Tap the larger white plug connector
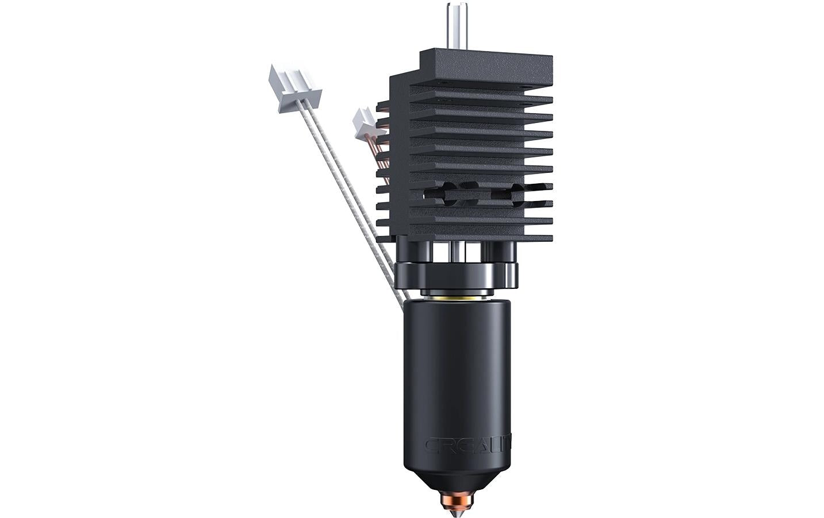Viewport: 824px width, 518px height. click(294, 87)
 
